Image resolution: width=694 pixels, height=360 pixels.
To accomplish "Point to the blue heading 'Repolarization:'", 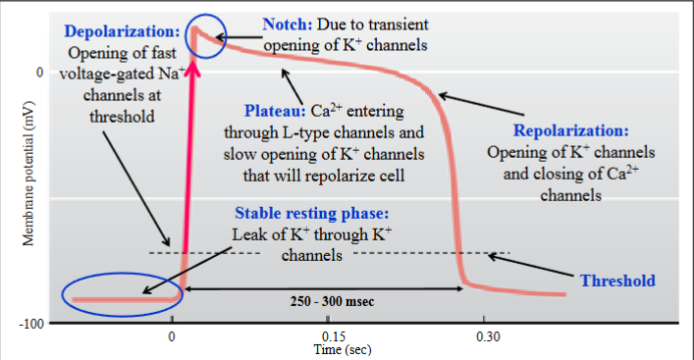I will pos(572,130).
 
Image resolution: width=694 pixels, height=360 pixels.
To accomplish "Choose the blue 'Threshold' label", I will pos(616,281).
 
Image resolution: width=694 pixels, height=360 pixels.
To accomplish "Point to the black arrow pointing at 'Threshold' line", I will pos(545,267).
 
